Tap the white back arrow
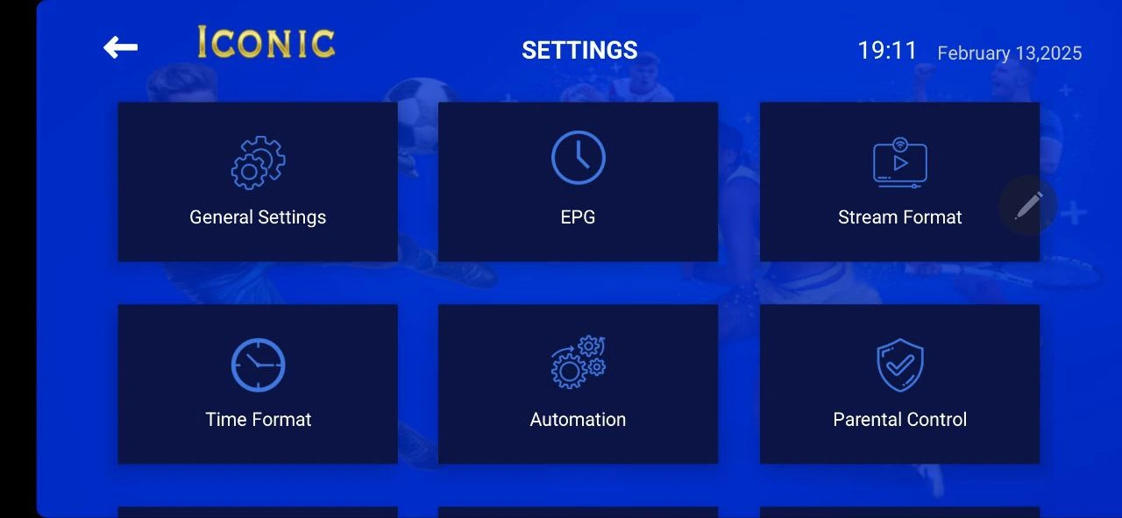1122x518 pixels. (x=120, y=47)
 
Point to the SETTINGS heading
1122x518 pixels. (x=579, y=50)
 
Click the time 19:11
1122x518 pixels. (x=887, y=51)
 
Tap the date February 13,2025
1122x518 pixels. (x=1009, y=53)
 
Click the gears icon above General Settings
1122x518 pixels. (x=258, y=163)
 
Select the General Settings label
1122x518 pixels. (x=258, y=217)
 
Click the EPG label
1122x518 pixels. (x=578, y=217)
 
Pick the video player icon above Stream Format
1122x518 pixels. (x=899, y=163)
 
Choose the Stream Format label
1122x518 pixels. (x=899, y=217)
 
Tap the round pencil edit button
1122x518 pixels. (x=1028, y=205)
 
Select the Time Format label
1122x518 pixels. (x=258, y=420)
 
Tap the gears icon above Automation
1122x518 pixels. (x=578, y=362)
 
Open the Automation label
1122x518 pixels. (x=578, y=420)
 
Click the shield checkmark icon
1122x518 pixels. (x=899, y=365)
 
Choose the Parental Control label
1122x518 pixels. (x=899, y=420)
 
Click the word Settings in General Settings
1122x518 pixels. (x=292, y=217)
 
